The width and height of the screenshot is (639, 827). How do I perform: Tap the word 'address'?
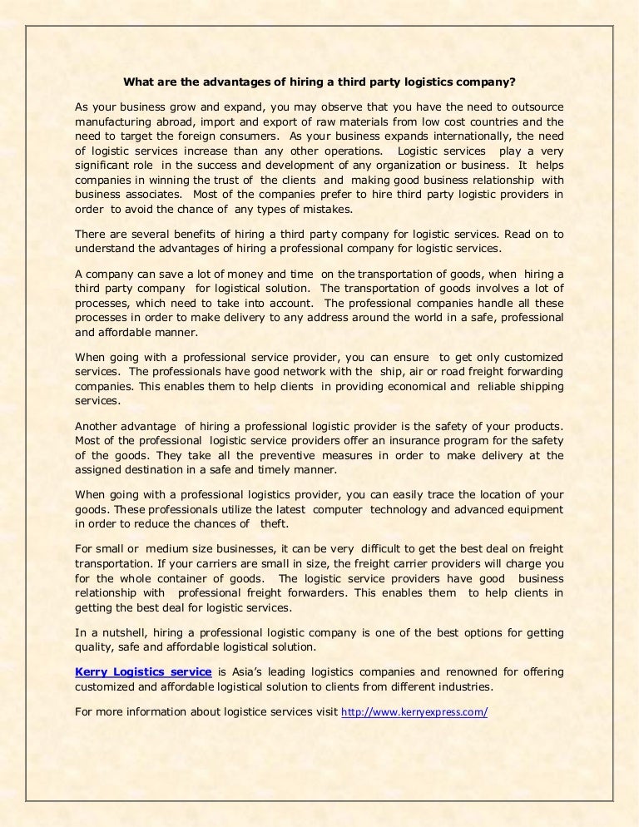(379, 318)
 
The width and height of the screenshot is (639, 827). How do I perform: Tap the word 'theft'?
(270, 524)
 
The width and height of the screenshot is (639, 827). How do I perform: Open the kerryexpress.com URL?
(414, 712)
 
